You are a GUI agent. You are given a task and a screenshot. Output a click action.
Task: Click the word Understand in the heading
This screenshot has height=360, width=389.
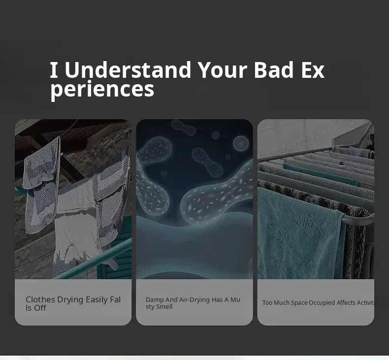(128, 70)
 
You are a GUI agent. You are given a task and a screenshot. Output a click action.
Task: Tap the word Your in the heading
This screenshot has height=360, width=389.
(223, 70)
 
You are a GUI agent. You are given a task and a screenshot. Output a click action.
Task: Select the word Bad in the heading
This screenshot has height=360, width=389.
(274, 70)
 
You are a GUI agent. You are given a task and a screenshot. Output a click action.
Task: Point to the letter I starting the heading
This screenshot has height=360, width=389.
(54, 70)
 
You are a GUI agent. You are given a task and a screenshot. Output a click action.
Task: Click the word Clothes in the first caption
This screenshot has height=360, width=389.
(40, 299)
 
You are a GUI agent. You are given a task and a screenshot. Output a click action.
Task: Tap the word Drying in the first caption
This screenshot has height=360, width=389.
(70, 300)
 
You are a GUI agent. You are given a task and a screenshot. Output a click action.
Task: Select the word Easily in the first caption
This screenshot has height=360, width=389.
(97, 300)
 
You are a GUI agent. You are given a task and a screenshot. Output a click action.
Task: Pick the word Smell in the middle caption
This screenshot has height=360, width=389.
(164, 307)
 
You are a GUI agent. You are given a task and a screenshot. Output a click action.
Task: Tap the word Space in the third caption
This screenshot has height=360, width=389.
(299, 303)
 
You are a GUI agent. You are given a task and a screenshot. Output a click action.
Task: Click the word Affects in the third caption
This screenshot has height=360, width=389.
(346, 303)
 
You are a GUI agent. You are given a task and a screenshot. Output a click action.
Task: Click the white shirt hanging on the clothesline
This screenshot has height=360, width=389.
(74, 223)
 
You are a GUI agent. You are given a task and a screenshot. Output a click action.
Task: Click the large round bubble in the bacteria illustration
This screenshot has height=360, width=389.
(241, 143)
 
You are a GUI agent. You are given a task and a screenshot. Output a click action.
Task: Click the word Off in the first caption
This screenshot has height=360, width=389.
(40, 308)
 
